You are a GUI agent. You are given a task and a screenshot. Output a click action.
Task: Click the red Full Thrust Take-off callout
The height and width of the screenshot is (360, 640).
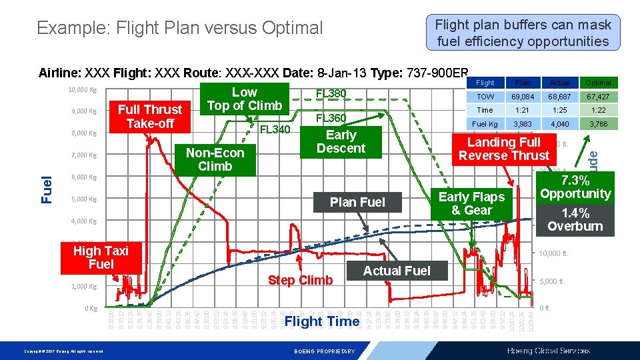149,116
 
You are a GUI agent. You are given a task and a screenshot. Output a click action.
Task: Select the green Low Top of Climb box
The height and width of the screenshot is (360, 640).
244,99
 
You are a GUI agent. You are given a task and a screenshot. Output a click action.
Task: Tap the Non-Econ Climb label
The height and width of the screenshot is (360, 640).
215,159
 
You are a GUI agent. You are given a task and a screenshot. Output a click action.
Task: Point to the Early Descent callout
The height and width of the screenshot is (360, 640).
341,141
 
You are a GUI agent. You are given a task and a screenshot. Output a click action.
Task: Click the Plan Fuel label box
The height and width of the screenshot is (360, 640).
358,202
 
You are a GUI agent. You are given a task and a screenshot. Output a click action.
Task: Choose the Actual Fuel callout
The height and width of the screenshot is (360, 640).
397,271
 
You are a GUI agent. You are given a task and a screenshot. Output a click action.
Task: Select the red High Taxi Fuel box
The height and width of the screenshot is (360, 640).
100,257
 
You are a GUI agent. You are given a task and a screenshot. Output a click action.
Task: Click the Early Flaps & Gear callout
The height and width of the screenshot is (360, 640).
471,203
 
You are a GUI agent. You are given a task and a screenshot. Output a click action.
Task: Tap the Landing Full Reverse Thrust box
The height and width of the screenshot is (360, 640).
504,149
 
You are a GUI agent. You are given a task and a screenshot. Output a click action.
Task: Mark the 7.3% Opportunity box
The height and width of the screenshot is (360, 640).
575,187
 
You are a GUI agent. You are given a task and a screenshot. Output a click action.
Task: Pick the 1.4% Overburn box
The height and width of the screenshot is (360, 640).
575,219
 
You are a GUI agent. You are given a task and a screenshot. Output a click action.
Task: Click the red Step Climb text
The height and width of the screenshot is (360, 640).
300,280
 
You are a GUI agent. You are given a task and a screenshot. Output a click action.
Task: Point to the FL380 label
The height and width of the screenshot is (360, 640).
331,93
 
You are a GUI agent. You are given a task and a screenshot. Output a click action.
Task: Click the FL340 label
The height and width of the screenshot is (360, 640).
275,129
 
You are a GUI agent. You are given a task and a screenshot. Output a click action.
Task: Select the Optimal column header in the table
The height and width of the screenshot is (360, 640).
597,83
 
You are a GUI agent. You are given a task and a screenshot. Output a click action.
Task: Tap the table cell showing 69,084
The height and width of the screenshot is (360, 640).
523,97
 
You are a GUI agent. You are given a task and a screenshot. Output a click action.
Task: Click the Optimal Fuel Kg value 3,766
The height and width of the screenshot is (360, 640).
597,124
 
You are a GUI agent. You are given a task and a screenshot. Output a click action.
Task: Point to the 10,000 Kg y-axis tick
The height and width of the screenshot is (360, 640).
83,89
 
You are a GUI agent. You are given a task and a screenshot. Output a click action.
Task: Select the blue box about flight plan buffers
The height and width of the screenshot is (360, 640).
523,33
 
